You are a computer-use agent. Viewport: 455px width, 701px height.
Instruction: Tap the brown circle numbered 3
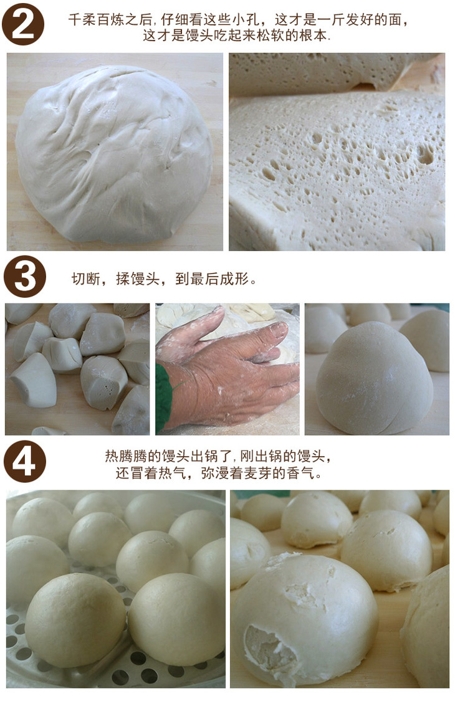(24, 277)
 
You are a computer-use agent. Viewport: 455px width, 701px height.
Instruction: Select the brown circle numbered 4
(24, 461)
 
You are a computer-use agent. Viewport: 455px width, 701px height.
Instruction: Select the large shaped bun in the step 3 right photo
(374, 378)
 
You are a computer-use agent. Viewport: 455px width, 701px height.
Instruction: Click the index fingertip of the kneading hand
(281, 330)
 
